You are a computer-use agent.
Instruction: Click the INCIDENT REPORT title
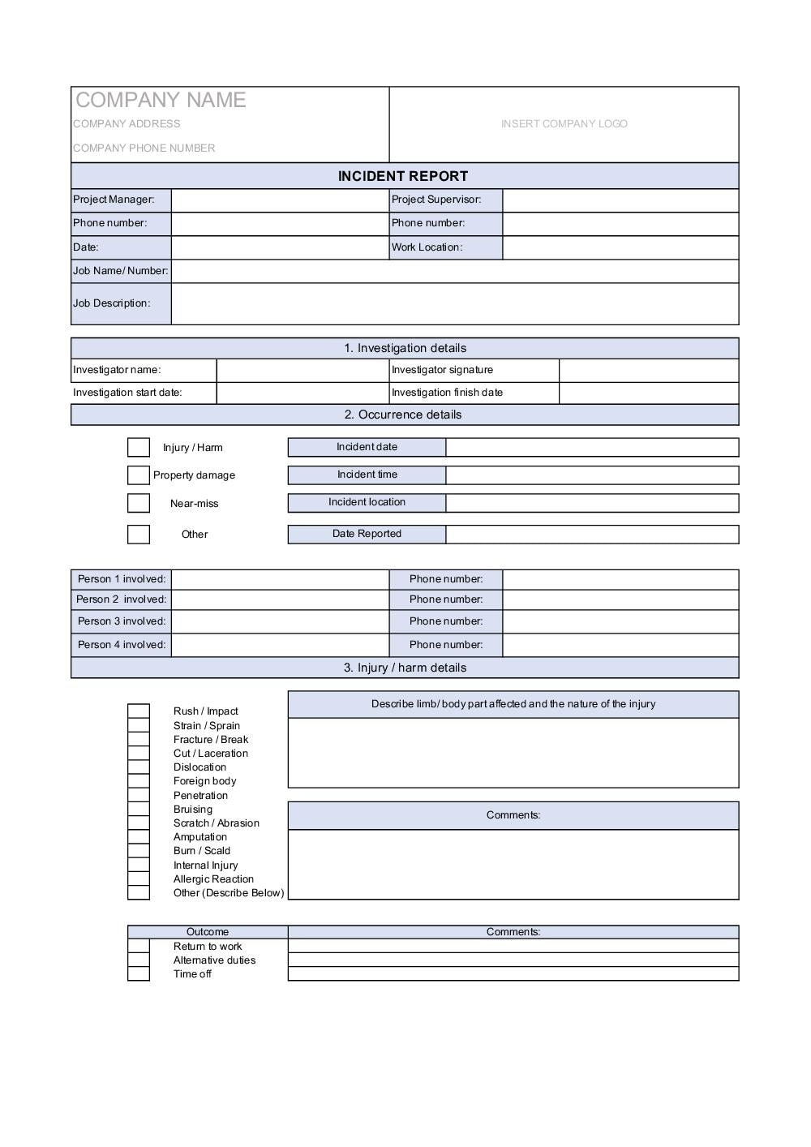click(x=403, y=176)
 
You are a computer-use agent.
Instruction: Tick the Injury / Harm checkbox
click(x=139, y=447)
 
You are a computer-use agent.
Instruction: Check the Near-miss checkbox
click(x=139, y=503)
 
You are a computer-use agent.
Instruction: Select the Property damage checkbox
click(x=139, y=475)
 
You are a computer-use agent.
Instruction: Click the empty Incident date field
click(x=592, y=447)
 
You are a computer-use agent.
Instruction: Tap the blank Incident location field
click(x=592, y=503)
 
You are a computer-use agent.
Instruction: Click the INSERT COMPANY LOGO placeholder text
click(x=564, y=124)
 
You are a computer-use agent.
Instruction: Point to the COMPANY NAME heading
click(x=161, y=100)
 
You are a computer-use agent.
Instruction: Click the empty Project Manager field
click(x=280, y=200)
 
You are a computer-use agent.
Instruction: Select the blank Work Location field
click(x=620, y=247)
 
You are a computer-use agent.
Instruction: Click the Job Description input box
click(x=454, y=303)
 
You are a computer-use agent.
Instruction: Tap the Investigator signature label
click(x=442, y=370)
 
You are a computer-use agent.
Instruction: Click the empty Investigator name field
click(x=303, y=370)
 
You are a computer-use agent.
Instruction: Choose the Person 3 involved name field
click(x=280, y=621)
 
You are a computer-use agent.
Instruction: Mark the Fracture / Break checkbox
click(x=139, y=740)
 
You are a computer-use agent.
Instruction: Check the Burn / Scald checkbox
click(x=139, y=851)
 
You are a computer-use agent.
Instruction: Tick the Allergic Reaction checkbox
click(x=139, y=879)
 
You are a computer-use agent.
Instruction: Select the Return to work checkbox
click(x=139, y=947)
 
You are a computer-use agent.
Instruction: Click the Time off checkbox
click(x=139, y=974)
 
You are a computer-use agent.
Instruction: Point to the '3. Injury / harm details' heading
click(x=405, y=668)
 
